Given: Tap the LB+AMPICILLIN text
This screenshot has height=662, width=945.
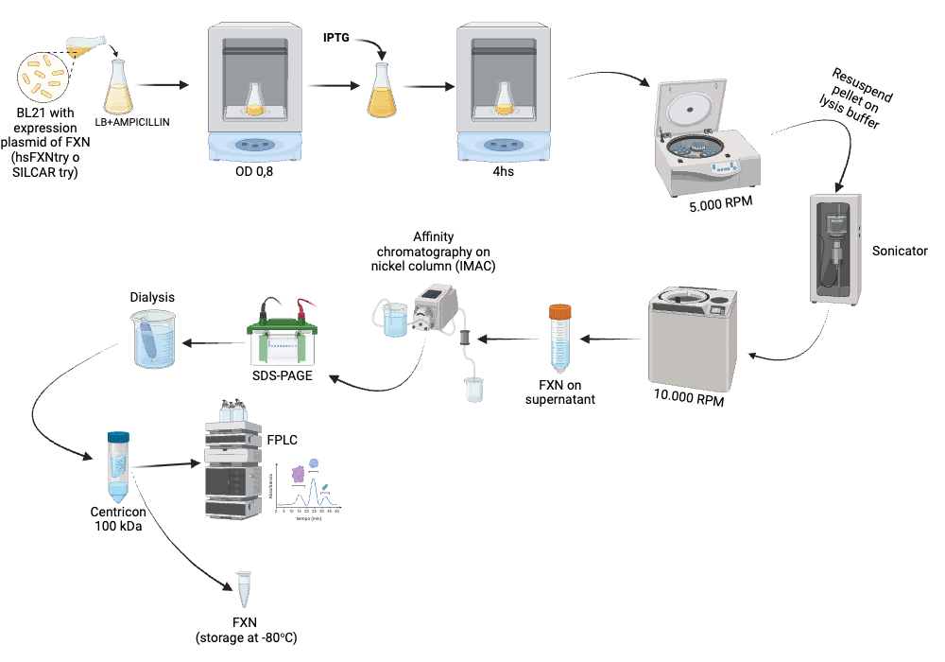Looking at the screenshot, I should click(x=132, y=121).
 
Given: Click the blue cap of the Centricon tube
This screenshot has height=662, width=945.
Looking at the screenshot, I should click(x=118, y=437).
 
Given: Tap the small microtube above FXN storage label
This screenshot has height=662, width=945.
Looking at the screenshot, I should click(x=245, y=589).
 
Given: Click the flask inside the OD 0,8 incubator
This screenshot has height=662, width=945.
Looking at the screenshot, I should click(x=255, y=98).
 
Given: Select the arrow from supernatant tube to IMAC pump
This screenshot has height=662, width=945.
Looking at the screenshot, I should click(x=507, y=338).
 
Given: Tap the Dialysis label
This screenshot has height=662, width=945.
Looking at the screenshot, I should click(x=152, y=296).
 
